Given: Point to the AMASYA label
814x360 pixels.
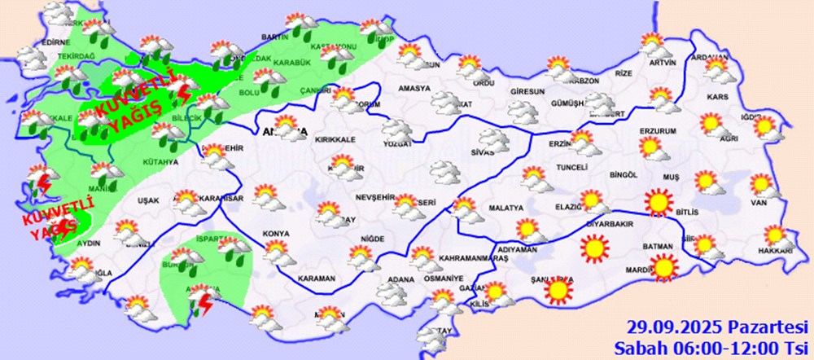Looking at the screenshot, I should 414,89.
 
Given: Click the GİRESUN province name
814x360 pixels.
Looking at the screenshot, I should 527,91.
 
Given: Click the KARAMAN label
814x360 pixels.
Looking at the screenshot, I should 317,279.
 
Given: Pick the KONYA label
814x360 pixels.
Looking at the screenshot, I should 276,235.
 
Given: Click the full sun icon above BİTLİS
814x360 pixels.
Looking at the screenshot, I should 659,201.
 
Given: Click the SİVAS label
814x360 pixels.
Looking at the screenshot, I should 483,152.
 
